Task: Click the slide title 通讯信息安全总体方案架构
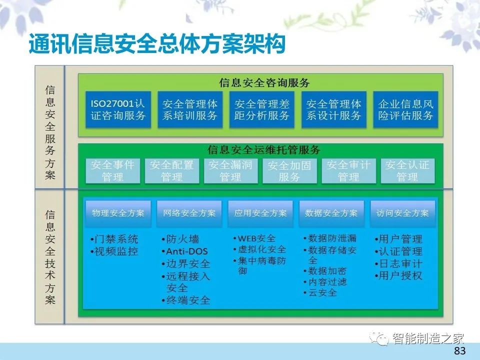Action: (157, 44)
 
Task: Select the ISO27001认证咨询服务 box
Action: (118, 109)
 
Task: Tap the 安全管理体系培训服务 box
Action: (190, 109)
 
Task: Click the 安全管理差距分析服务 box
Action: (261, 109)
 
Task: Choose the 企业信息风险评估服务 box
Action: (405, 109)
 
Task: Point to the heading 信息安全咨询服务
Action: (264, 82)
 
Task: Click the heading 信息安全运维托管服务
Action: (263, 149)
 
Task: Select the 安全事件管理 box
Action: (112, 171)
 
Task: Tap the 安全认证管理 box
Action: (407, 171)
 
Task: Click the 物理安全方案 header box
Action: (118, 213)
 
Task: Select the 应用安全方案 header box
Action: (260, 213)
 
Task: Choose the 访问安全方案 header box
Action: (402, 213)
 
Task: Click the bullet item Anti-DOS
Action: (184, 251)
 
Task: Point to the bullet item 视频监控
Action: (114, 251)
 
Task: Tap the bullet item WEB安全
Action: (254, 238)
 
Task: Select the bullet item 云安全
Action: (320, 292)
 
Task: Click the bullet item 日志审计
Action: (398, 263)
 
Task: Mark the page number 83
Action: (460, 350)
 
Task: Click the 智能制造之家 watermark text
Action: (428, 338)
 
